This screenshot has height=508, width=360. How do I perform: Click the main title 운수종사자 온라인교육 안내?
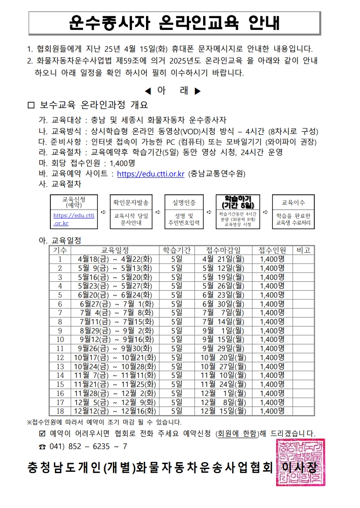[x=175, y=23]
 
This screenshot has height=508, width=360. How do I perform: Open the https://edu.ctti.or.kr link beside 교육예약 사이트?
[x=151, y=173]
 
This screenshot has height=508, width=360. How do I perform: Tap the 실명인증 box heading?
[x=183, y=202]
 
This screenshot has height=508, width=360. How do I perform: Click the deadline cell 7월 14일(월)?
[x=224, y=322]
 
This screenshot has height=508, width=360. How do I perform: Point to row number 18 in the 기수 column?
[x=60, y=411]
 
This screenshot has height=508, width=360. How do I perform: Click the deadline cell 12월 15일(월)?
[x=224, y=411]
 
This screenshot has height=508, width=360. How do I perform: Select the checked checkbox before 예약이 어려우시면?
[x=43, y=433]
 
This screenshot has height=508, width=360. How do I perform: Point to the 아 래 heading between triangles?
[x=172, y=91]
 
